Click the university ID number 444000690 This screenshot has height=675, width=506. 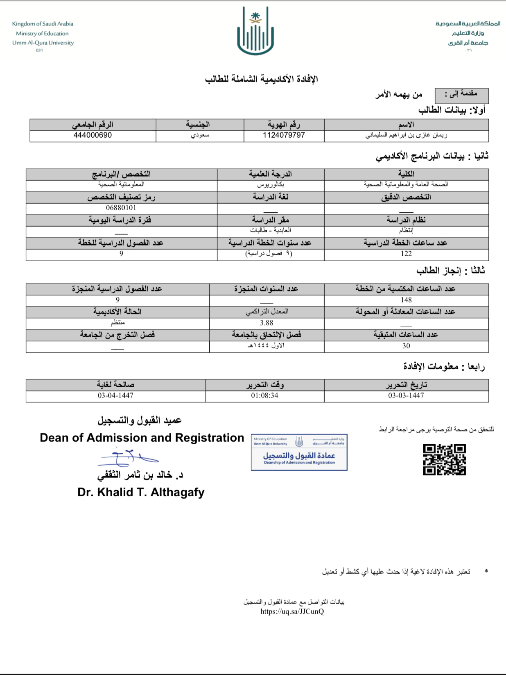pyautogui.click(x=93, y=135)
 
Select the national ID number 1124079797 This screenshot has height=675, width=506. pyautogui.click(x=284, y=135)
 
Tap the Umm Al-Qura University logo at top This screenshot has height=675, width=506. pyautogui.click(x=255, y=32)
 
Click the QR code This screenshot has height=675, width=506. pyautogui.click(x=444, y=460)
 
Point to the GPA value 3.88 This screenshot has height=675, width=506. pyautogui.click(x=267, y=323)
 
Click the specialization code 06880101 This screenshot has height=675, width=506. pyautogui.click(x=121, y=208)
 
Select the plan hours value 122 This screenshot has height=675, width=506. pyautogui.click(x=406, y=254)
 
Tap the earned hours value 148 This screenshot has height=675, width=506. pyautogui.click(x=406, y=300)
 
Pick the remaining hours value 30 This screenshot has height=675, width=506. pyautogui.click(x=406, y=346)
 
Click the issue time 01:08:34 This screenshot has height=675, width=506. pyautogui.click(x=264, y=395)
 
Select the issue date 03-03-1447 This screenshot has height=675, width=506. pyautogui.click(x=406, y=395)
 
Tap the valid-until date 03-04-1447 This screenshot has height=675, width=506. pyautogui.click(x=115, y=395)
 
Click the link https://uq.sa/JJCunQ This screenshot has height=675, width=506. pyautogui.click(x=292, y=611)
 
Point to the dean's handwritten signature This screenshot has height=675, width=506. pyautogui.click(x=127, y=458)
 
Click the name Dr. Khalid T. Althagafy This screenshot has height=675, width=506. pyautogui.click(x=141, y=492)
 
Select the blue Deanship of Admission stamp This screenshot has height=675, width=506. pyautogui.click(x=299, y=452)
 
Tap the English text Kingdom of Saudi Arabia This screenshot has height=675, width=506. pyautogui.click(x=43, y=24)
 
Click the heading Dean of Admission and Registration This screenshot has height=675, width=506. pyautogui.click(x=142, y=438)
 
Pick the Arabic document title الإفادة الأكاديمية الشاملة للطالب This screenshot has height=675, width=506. pyautogui.click(x=261, y=79)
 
